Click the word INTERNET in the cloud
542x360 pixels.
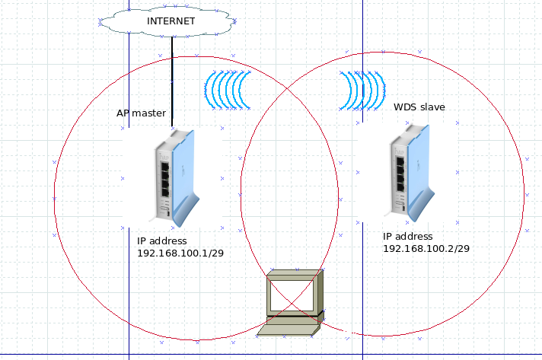tap(171, 21)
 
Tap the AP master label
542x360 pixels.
tap(141, 113)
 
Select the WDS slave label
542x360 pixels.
tap(419, 107)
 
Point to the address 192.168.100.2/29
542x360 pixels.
tap(426, 248)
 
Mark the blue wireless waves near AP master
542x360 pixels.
tap(228, 90)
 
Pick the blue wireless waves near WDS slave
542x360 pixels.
tap(362, 91)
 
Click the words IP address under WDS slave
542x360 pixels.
tap(407, 237)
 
